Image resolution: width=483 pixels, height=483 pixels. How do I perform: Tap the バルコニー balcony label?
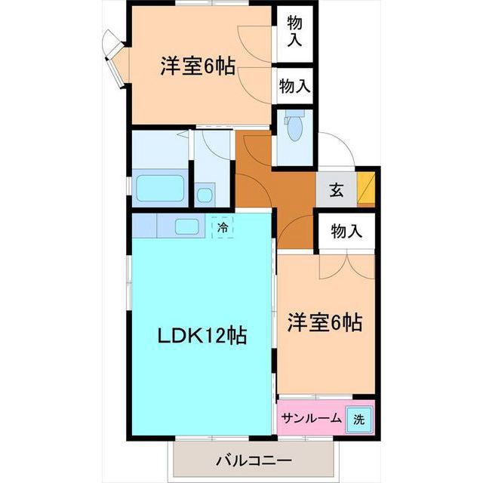(254, 461)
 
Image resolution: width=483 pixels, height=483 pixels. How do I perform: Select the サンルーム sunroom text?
(312, 418)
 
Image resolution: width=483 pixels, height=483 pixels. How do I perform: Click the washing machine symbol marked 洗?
(359, 420)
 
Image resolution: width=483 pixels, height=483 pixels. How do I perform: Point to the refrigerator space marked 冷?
(223, 227)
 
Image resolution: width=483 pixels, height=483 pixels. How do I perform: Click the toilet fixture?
(294, 126)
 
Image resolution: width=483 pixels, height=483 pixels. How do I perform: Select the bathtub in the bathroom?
(160, 188)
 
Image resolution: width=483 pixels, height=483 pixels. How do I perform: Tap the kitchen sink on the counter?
(186, 226)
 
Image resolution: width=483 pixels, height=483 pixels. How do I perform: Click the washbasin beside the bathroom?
(205, 195)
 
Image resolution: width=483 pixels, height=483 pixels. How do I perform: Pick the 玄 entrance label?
(337, 190)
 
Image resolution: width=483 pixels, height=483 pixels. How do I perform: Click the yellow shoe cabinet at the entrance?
(366, 189)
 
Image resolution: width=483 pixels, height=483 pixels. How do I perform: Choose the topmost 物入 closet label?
(295, 31)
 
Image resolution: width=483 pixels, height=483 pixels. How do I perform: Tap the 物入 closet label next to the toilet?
(294, 85)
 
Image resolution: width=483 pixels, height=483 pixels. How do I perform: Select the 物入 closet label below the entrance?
(346, 231)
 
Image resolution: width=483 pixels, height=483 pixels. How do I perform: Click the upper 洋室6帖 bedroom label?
(198, 66)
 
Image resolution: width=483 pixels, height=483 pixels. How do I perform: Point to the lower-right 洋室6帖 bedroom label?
(325, 322)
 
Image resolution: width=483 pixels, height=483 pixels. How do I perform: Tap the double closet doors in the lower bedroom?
(347, 265)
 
